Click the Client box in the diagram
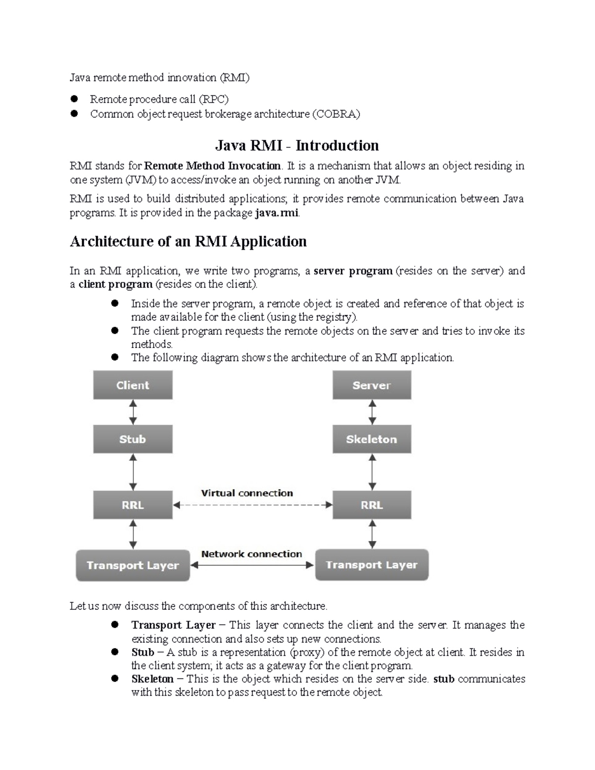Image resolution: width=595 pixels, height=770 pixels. (x=132, y=385)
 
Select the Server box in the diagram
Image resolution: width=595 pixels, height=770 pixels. (x=371, y=385)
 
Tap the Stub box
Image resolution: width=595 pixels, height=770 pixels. (x=132, y=439)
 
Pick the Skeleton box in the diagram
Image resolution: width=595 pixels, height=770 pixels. (x=371, y=439)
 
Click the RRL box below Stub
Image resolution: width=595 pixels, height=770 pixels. (x=132, y=505)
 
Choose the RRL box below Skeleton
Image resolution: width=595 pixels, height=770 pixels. (x=371, y=505)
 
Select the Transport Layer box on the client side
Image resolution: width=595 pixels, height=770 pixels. (x=132, y=565)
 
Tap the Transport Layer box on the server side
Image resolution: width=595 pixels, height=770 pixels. (x=371, y=565)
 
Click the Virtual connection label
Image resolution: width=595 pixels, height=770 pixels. (x=247, y=493)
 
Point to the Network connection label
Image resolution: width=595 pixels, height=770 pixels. (x=251, y=554)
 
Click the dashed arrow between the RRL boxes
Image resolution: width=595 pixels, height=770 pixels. (x=253, y=505)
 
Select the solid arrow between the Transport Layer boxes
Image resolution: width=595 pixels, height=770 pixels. (x=252, y=565)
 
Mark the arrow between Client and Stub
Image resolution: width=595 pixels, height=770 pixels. (x=133, y=413)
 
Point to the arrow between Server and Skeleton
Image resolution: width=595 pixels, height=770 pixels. (x=372, y=413)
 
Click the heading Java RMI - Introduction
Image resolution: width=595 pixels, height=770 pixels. (x=297, y=145)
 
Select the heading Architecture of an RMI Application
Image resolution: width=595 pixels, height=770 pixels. (x=188, y=241)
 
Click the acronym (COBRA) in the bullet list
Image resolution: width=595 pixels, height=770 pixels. (x=336, y=114)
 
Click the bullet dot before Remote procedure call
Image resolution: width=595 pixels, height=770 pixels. (x=75, y=99)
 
